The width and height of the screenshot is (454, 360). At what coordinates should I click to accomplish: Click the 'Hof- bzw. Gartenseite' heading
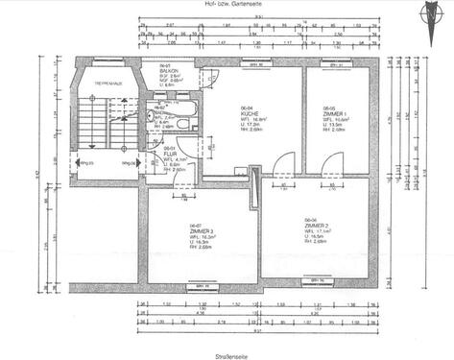(227, 5)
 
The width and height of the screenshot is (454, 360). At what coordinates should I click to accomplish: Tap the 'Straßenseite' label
(227, 355)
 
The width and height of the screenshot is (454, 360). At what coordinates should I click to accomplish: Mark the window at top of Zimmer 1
(339, 63)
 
